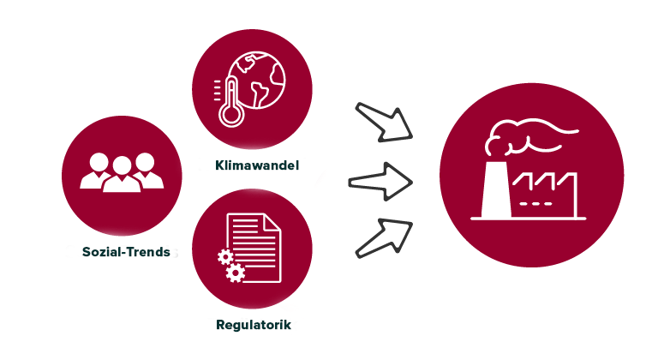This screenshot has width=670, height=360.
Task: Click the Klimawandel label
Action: pyautogui.click(x=257, y=165)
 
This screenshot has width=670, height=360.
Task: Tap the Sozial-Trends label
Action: pyautogui.click(x=126, y=252)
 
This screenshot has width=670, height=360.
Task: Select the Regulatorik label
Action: pyautogui.click(x=254, y=325)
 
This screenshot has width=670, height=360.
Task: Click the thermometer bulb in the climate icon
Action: pyautogui.click(x=231, y=115)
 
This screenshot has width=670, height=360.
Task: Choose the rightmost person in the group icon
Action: pyautogui.click(x=147, y=171)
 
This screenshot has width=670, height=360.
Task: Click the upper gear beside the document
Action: pyautogui.click(x=225, y=256)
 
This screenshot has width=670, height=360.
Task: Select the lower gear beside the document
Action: pyautogui.click(x=235, y=273)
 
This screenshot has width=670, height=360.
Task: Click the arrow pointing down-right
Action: pyautogui.click(x=383, y=123)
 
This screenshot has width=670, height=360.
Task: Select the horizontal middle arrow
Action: pyautogui.click(x=380, y=182)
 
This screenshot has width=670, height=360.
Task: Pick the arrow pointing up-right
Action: pyautogui.click(x=383, y=238)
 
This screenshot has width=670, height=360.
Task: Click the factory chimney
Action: pyautogui.click(x=496, y=189)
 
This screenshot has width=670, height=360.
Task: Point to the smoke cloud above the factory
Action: pyautogui.click(x=528, y=137)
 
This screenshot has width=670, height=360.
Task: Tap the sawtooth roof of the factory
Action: pyautogui.click(x=545, y=181)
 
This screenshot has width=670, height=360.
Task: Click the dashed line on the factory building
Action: pyautogui.click(x=535, y=204)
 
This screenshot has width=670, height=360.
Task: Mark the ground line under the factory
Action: pyautogui.click(x=528, y=219)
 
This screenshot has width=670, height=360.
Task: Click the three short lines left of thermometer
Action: pyautogui.click(x=218, y=90)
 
